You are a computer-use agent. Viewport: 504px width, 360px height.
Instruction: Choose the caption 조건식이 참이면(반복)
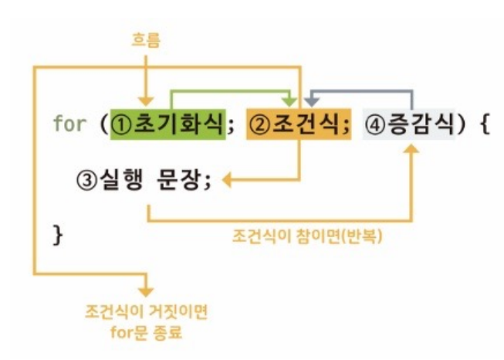308,236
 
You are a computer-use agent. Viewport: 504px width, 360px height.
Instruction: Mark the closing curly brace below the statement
57,233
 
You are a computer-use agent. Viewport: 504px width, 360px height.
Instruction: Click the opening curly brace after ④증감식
484,124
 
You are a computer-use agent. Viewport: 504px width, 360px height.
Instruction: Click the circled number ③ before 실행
85,180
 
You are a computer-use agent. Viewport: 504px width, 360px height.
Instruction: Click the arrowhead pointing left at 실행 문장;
228,180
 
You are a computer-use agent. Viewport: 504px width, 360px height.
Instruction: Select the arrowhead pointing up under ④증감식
411,153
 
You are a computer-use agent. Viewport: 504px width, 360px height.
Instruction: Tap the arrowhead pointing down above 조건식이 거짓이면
145,291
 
